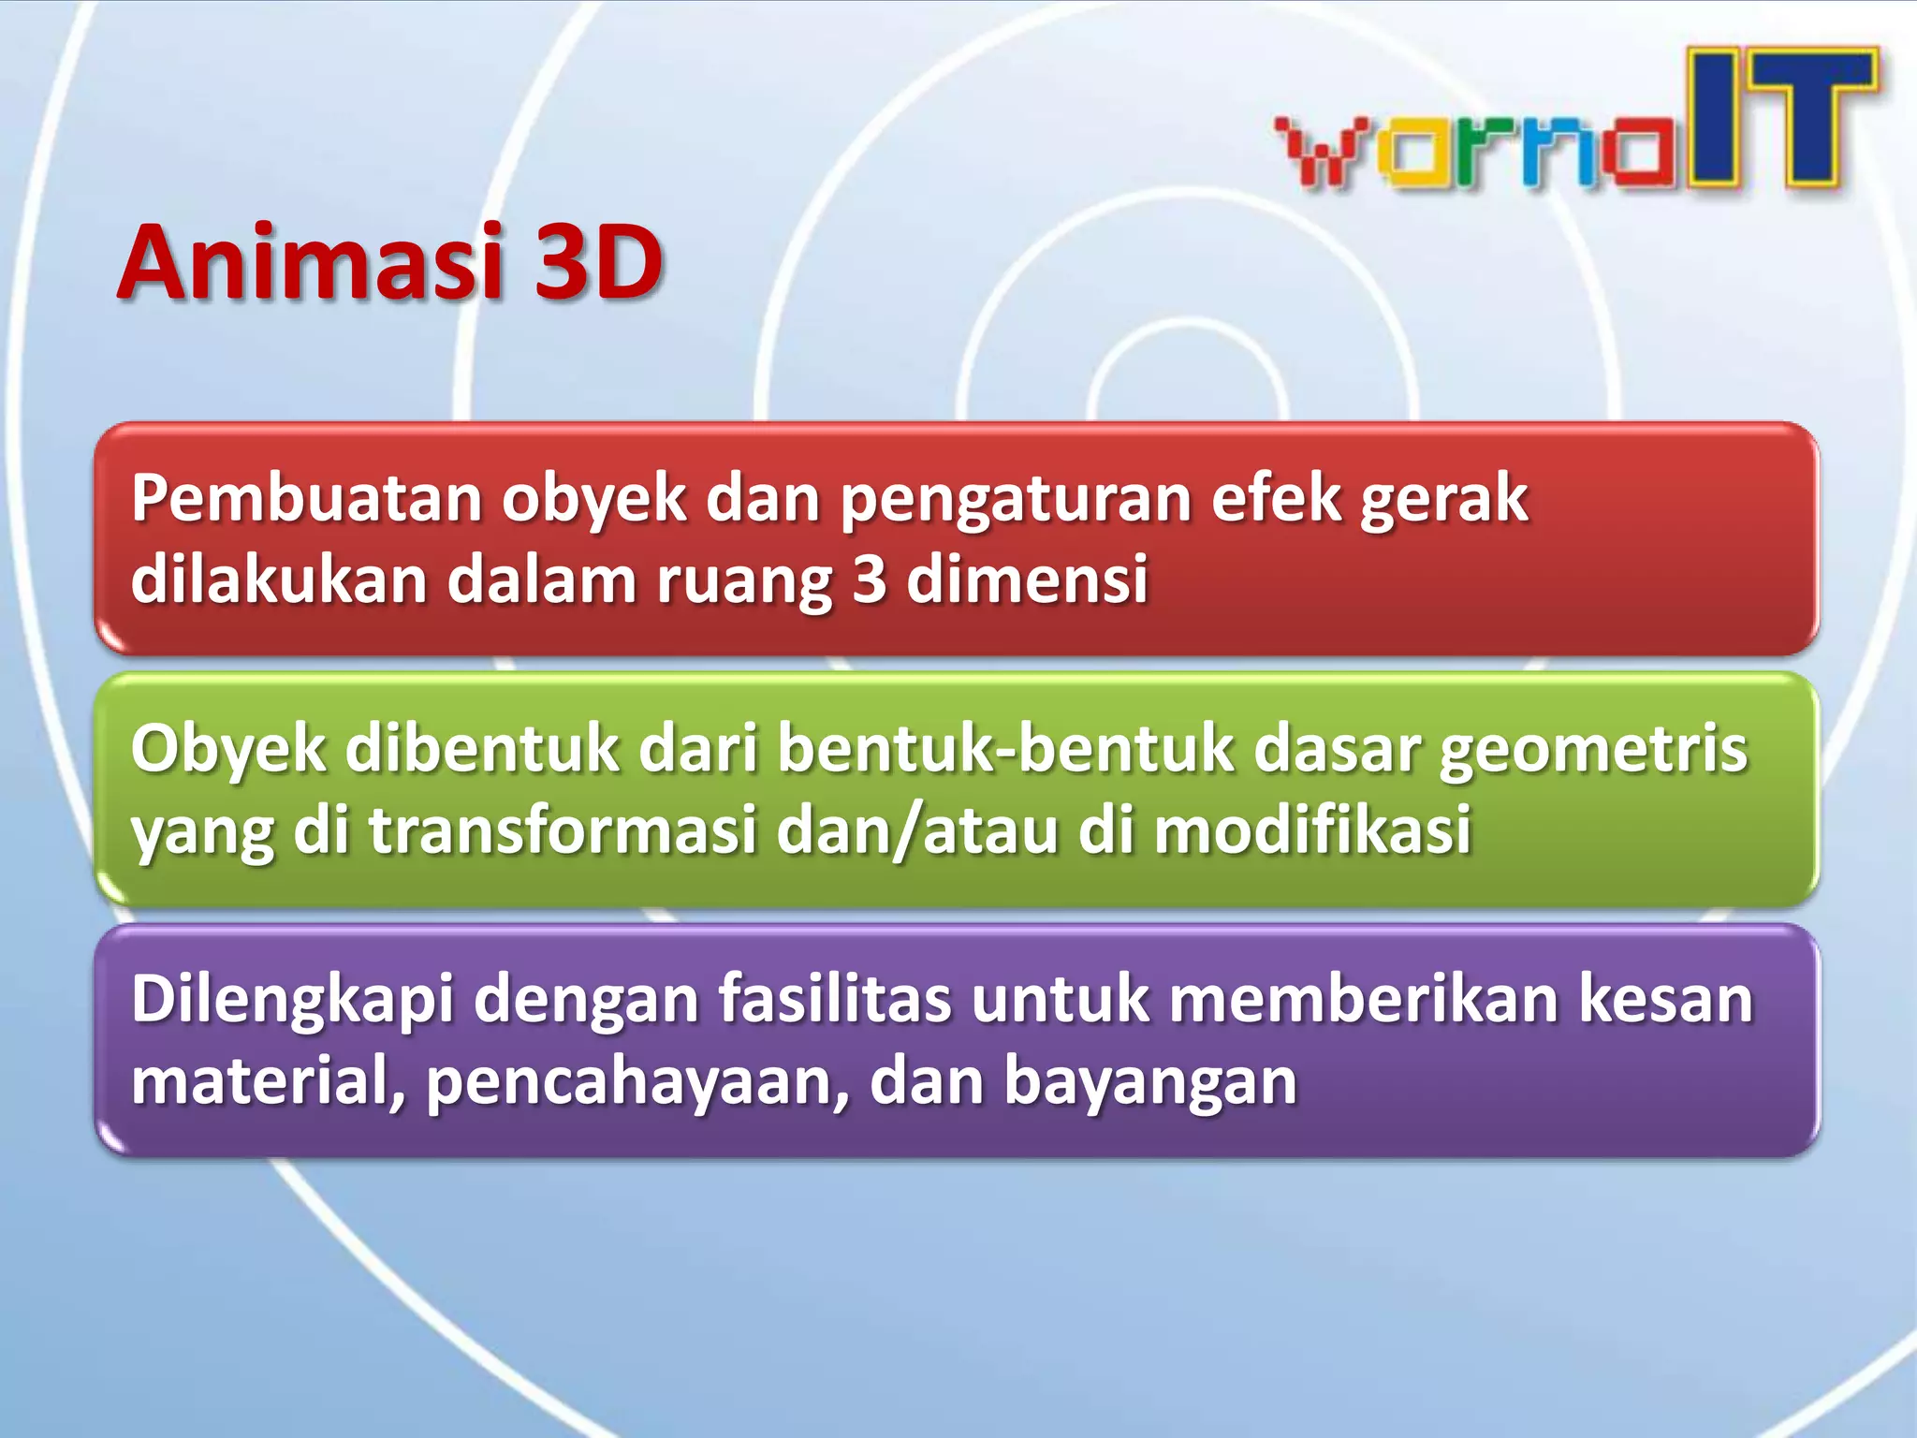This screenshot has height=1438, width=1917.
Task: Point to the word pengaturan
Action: click(x=1015, y=501)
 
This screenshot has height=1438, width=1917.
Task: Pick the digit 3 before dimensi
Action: click(x=870, y=580)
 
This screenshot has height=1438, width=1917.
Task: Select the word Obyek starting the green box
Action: click(x=228, y=752)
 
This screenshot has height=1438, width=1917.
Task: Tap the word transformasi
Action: click(x=563, y=830)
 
